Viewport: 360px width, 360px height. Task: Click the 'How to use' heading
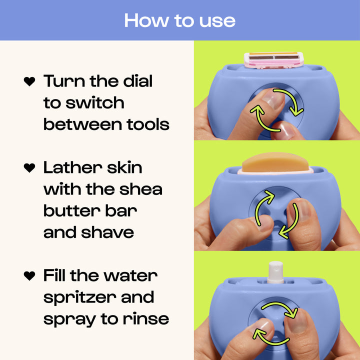(179, 20)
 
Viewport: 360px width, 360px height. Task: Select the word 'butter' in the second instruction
(68, 210)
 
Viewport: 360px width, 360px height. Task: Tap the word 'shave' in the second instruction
(109, 232)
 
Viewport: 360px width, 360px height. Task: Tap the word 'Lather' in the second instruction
(68, 167)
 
